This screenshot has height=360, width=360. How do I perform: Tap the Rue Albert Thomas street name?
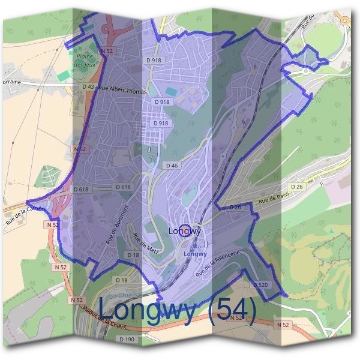pos(122,91)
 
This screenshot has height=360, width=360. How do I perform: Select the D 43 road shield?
pos(88,87)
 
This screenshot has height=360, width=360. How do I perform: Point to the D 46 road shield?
pos(171,165)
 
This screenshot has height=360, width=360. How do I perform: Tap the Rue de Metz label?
pos(147,242)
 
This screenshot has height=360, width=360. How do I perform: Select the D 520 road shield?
pos(260,284)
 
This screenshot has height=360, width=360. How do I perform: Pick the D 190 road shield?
pos(126,339)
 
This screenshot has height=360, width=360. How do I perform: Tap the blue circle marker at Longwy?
pos(185,230)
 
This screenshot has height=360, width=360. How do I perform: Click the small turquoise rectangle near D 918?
pos(171,91)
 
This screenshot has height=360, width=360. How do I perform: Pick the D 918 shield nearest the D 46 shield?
pos(160,123)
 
